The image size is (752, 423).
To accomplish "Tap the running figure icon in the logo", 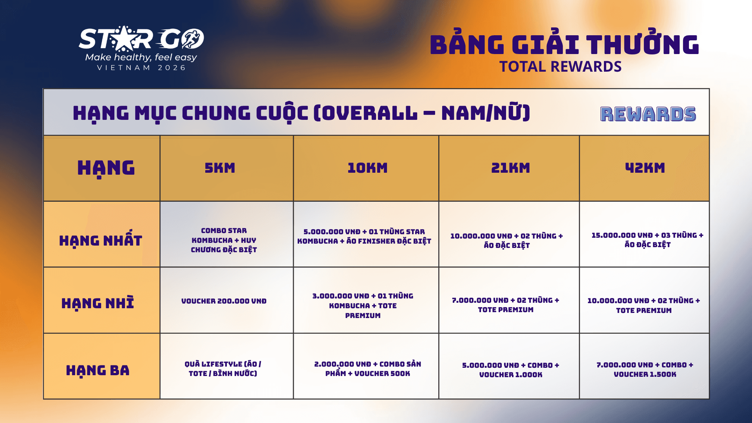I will (192, 39).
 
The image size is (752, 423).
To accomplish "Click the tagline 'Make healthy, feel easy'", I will (141, 58).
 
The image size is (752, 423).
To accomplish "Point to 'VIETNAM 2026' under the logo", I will (141, 68).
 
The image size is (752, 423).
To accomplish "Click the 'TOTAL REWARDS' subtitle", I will (560, 67).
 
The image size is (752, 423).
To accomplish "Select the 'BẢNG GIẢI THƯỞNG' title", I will (564, 44).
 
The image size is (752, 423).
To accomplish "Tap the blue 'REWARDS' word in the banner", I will (648, 114).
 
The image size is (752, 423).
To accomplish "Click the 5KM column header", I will (220, 168).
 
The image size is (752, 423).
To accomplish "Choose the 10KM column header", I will (367, 168).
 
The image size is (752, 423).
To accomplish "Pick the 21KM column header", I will (510, 168).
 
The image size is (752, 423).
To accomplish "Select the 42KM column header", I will (645, 168).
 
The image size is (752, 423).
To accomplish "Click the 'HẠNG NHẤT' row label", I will (101, 240).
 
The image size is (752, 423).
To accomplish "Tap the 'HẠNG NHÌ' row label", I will (98, 303).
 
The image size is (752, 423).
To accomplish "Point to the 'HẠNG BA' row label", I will (98, 370).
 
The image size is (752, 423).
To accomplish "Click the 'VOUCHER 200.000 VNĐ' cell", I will (224, 301).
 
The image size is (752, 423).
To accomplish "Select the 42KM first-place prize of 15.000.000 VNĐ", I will (647, 240).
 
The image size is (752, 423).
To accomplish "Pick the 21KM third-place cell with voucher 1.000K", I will (510, 370).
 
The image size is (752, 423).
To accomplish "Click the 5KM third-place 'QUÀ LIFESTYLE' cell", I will (223, 369).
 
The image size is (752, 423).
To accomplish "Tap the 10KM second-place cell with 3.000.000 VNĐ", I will (363, 305).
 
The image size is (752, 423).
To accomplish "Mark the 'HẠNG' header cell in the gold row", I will (106, 168).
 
